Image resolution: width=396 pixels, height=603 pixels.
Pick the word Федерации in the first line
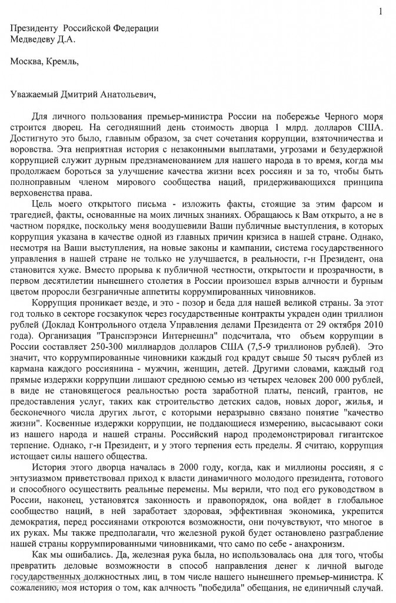[137, 29]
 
